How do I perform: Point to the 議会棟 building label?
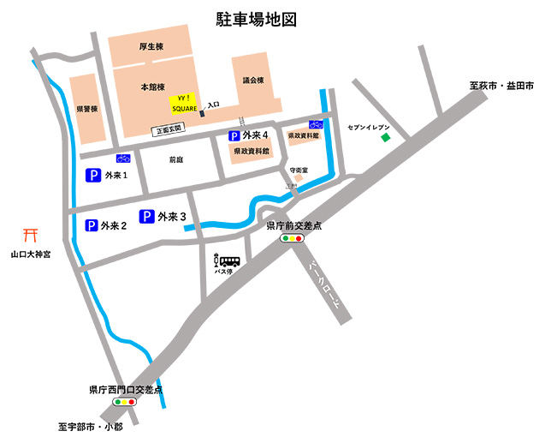point(253,81)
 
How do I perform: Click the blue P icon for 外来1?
point(93,176)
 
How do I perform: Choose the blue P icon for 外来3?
point(146,217)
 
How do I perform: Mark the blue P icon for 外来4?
point(234,135)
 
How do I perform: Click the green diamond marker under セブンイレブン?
point(385,138)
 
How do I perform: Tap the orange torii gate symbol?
point(31,234)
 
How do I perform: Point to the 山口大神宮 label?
point(31,254)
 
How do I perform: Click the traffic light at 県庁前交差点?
point(293,239)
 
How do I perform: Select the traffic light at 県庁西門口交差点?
point(126,401)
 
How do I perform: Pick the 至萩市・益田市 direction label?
point(500,87)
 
